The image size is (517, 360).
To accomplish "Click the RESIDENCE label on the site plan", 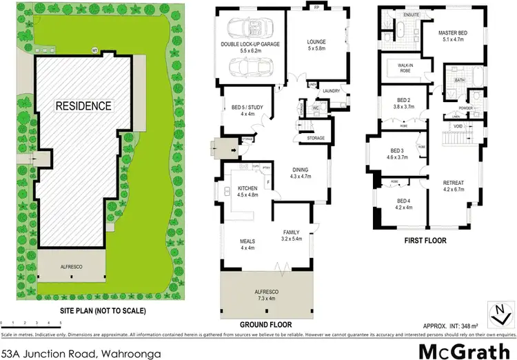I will coord(83,106).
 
